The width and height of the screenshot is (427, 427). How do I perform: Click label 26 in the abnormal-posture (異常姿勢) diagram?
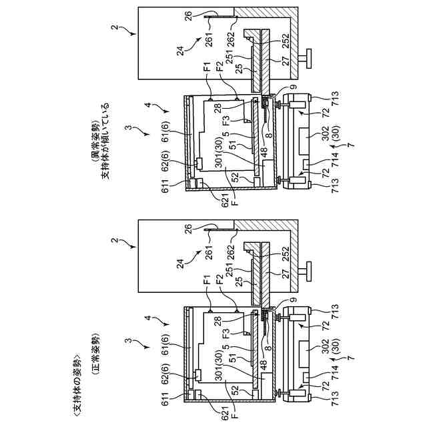(x=189, y=18)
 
